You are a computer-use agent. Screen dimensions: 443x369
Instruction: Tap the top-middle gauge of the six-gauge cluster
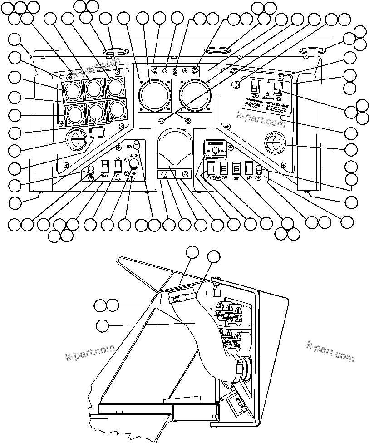(x=94, y=89)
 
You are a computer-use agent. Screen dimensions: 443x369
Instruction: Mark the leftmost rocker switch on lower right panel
(x=211, y=169)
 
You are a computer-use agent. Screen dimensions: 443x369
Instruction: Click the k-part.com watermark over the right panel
(x=261, y=121)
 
